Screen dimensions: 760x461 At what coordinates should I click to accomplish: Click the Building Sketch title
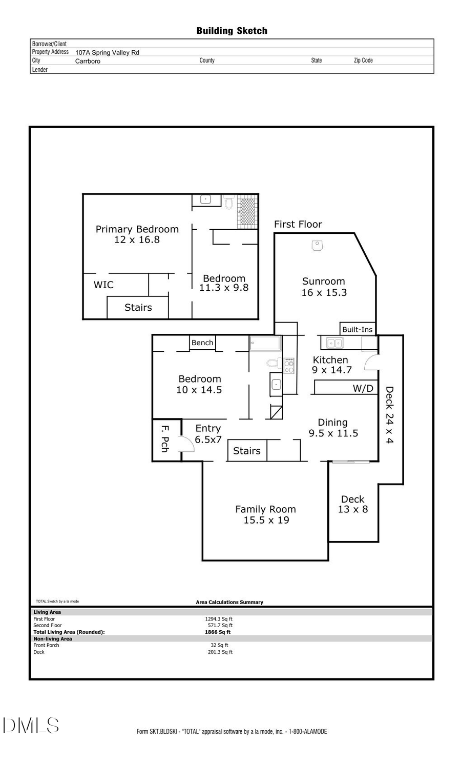[232, 31]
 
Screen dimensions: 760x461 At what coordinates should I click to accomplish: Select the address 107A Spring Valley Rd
[107, 52]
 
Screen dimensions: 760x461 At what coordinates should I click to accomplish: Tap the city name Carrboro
[88, 61]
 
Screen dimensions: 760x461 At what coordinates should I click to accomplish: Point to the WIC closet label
[103, 285]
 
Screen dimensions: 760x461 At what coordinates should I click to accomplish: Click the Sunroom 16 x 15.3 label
[324, 287]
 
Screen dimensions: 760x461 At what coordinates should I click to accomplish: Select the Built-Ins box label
[357, 329]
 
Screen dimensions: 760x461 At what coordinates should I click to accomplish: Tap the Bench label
[202, 343]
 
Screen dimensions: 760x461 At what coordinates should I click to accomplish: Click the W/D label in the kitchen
[363, 388]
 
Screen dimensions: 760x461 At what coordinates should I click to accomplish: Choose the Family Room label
[265, 514]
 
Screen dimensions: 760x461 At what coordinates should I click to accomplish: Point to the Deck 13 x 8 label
[352, 504]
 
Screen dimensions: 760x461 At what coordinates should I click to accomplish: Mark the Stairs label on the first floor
[246, 451]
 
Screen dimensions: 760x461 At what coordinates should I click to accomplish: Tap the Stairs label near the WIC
[138, 307]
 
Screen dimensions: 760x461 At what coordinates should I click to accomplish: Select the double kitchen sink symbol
[334, 343]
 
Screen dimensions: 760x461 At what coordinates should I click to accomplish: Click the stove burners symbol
[289, 366]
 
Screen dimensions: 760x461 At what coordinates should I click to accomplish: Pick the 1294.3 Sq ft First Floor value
[219, 619]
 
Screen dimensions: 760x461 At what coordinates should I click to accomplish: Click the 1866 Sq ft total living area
[218, 632]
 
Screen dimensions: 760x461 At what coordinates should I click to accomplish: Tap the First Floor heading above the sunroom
[298, 224]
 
